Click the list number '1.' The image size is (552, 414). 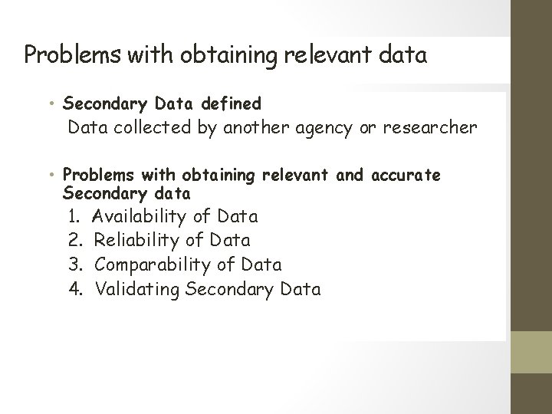click(75, 216)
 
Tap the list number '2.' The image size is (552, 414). click(75, 241)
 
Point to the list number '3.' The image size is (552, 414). click(75, 265)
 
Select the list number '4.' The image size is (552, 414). click(75, 290)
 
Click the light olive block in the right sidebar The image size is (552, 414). click(531, 352)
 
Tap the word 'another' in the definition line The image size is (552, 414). click(252, 127)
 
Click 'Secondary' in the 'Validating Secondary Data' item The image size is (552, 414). click(234, 290)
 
